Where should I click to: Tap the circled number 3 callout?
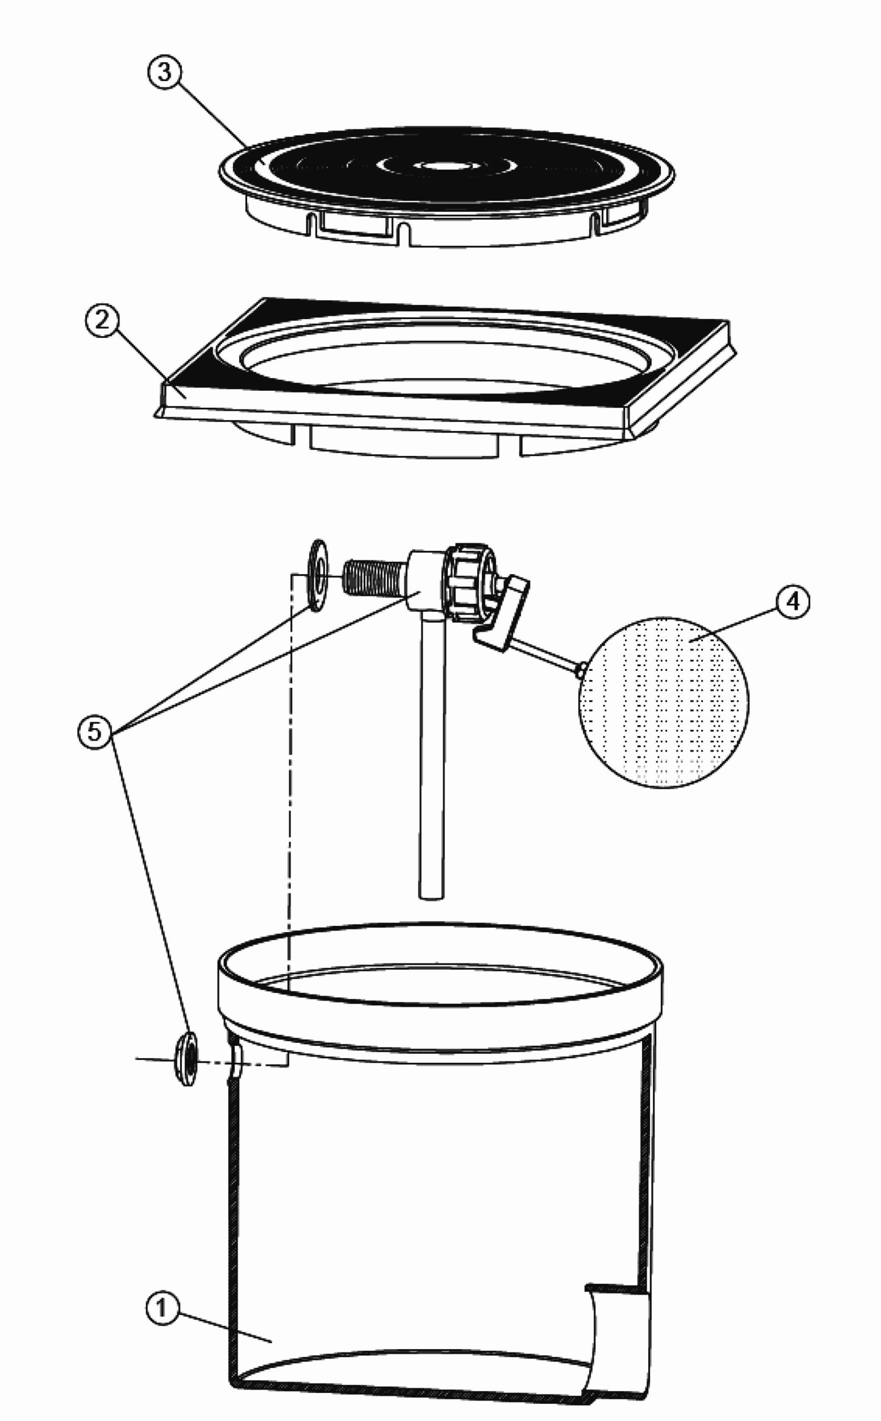pyautogui.click(x=164, y=73)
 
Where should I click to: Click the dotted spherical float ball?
pyautogui.click(x=664, y=703)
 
